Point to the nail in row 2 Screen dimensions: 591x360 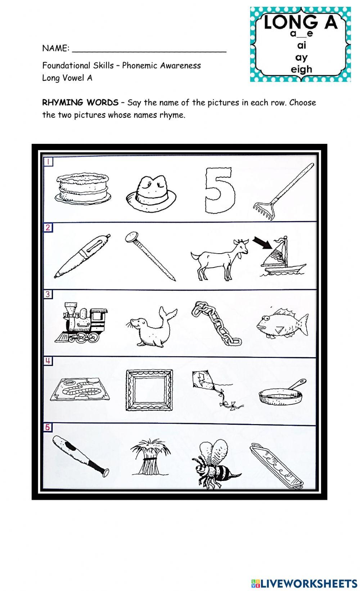[150, 256]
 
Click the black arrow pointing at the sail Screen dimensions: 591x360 [262, 243]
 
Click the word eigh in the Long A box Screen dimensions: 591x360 [302, 69]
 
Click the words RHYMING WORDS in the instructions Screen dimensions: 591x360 [80, 103]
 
